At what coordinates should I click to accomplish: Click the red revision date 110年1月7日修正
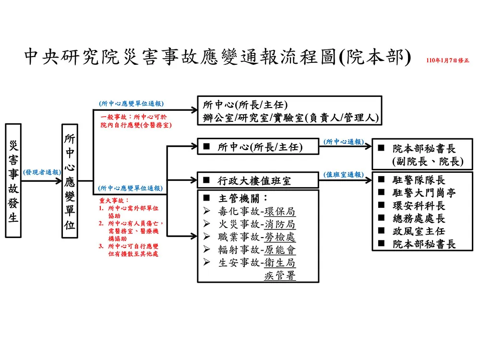[x=447, y=60]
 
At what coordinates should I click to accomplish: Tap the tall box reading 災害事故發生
[x=13, y=180]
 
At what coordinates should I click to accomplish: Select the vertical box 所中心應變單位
[x=70, y=181]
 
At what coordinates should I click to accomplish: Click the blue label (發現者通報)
[x=42, y=172]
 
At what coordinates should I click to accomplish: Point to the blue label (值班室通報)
[x=344, y=175]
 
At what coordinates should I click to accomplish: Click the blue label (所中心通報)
[x=344, y=142]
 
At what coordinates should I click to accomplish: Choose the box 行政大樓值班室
[x=258, y=180]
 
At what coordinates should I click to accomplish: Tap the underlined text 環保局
[x=280, y=212]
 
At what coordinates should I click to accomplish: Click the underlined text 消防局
[x=280, y=224]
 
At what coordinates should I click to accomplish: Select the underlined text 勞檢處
[x=280, y=237]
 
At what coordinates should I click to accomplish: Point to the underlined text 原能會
[x=280, y=250]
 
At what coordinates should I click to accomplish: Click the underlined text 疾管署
[x=280, y=276]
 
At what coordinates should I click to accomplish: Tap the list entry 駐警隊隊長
[x=419, y=180]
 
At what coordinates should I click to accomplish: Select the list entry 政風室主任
[x=419, y=231]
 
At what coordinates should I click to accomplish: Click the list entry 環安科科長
[x=419, y=205]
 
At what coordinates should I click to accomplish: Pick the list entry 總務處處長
[x=419, y=218]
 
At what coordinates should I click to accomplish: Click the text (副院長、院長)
[x=428, y=161]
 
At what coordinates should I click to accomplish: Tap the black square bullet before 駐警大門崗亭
[x=381, y=192]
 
